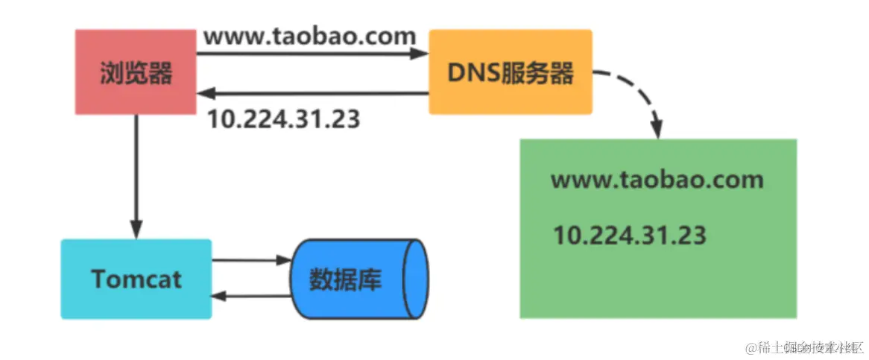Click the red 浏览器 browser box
click(x=136, y=72)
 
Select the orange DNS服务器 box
click(x=511, y=72)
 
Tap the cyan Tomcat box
click(x=136, y=279)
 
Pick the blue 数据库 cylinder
click(x=360, y=279)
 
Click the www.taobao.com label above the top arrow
click(x=309, y=36)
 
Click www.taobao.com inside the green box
click(x=657, y=180)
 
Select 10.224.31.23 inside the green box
click(x=630, y=235)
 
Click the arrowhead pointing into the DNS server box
click(x=420, y=54)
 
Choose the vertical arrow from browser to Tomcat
click(x=136, y=171)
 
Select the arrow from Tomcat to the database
click(x=250, y=261)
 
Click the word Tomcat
click(x=136, y=279)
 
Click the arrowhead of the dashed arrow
click(x=657, y=128)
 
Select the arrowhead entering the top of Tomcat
click(x=136, y=229)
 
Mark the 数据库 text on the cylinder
click(x=345, y=280)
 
